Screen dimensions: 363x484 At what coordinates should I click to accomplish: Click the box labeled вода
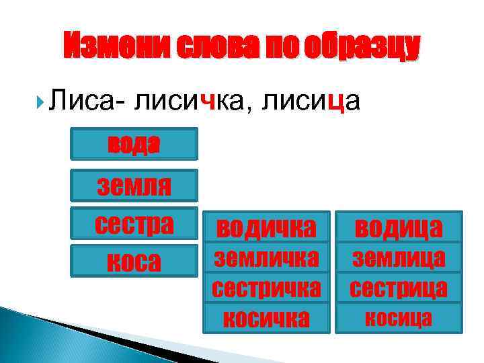pos(134,145)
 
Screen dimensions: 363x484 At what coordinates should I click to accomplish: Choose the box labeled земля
pos(134,185)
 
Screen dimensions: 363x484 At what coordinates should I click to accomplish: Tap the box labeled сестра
pos(134,223)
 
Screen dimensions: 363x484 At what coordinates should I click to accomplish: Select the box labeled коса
pos(134,260)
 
